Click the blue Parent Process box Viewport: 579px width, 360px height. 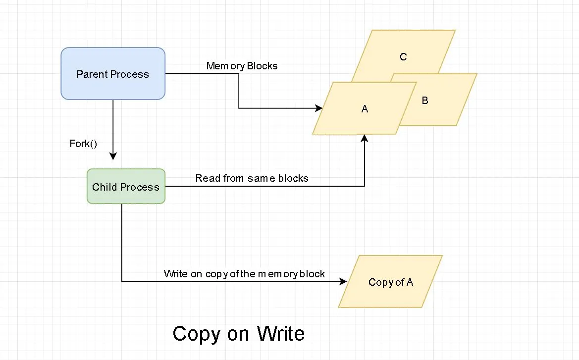click(x=112, y=74)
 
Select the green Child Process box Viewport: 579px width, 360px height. click(x=126, y=187)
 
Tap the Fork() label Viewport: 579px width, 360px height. click(x=83, y=144)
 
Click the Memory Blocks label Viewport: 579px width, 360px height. click(x=242, y=66)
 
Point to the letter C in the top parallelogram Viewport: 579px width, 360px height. click(x=403, y=57)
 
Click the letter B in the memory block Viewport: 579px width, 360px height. click(x=425, y=101)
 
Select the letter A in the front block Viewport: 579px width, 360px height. click(x=365, y=109)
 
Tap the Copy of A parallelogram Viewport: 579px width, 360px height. click(x=390, y=282)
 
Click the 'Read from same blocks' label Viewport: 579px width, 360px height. click(x=252, y=178)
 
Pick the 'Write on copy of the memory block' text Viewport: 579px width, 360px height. click(x=244, y=274)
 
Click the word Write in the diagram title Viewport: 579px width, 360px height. click(x=280, y=334)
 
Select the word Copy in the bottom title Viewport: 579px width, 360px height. click(x=195, y=334)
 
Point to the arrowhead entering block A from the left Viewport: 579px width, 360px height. click(x=318, y=108)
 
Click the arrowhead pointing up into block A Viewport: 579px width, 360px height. click(x=365, y=139)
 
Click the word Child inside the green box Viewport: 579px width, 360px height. click(x=104, y=187)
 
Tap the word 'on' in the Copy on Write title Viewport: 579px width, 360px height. click(x=238, y=335)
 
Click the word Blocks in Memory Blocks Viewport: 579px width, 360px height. click(x=263, y=66)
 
